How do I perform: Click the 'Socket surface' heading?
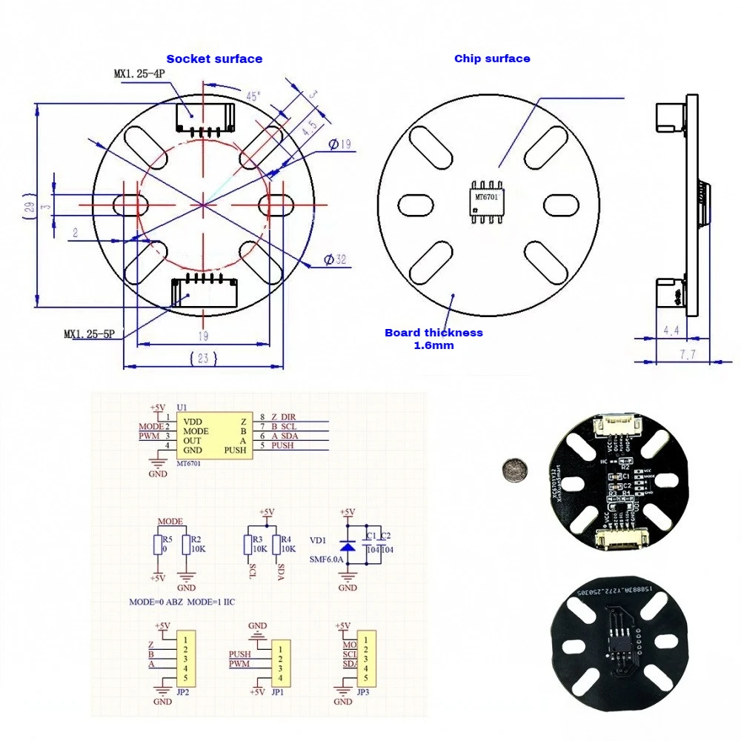(213, 59)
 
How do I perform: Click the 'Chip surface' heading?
(492, 59)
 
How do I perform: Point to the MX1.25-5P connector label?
(89, 334)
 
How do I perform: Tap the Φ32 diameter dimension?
(336, 259)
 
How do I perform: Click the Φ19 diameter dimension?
(338, 144)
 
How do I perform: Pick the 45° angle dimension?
(254, 96)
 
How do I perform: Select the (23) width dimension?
(204, 359)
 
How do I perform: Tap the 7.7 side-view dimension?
(688, 355)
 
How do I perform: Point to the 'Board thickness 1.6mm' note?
(433, 339)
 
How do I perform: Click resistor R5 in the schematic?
(157, 545)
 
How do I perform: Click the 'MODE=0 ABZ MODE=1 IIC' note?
(182, 602)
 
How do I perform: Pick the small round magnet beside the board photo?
(512, 468)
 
